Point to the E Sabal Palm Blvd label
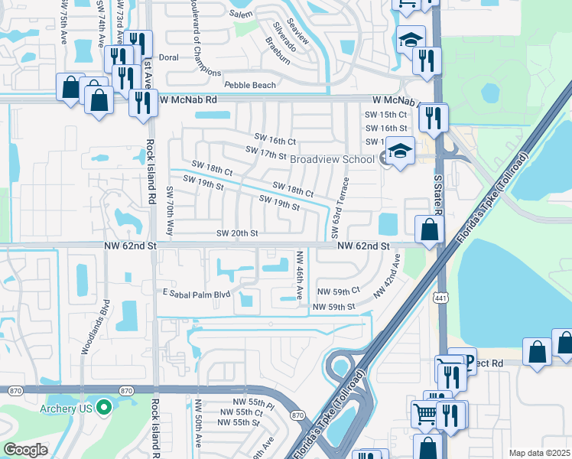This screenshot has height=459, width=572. tap(186, 293)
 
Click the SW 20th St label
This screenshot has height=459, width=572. tap(237, 233)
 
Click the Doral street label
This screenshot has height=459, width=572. tap(168, 57)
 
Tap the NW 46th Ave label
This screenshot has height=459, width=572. tap(300, 275)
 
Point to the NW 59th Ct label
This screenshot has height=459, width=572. tap(338, 291)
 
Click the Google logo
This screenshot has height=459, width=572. tap(25, 450)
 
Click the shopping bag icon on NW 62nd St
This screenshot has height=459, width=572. tap(430, 229)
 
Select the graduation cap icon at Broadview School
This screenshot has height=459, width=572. tap(399, 151)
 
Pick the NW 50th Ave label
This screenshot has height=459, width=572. tap(198, 424)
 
